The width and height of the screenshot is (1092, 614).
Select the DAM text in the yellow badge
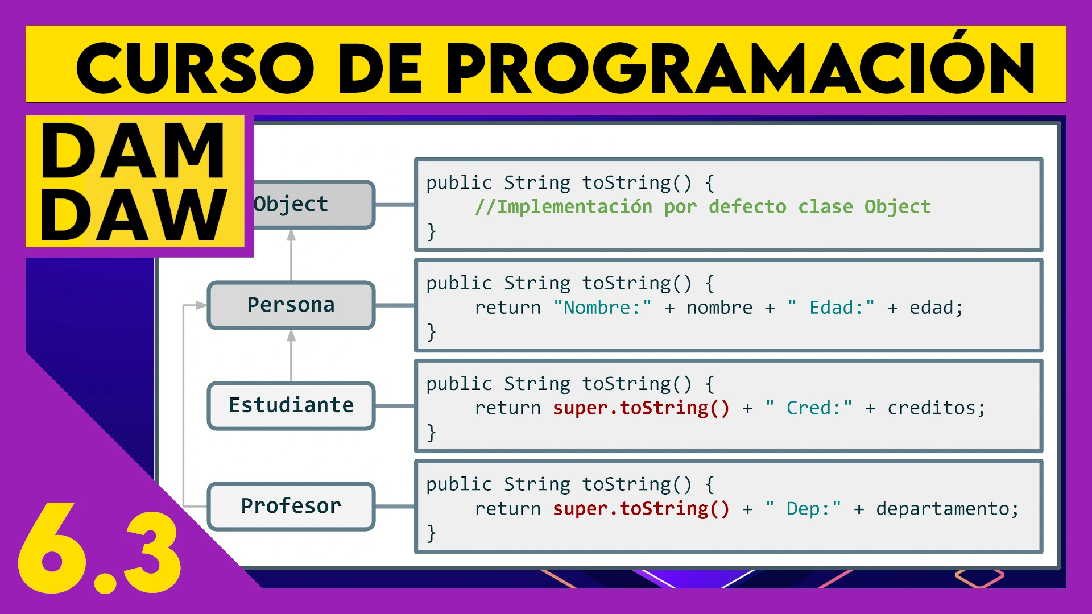134,151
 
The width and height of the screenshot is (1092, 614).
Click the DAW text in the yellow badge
134,215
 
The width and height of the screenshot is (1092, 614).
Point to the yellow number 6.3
100,549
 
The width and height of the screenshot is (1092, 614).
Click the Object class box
313,205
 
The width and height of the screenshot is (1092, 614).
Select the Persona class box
291,305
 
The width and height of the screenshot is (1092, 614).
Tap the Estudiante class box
291,406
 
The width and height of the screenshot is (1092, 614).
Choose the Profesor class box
291,506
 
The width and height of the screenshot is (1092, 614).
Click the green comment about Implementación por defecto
702,207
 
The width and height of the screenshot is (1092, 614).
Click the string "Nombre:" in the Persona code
602,308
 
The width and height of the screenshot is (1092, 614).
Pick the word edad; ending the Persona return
936,308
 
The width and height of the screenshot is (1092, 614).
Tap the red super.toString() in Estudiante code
641,408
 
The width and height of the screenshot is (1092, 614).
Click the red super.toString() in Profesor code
641,509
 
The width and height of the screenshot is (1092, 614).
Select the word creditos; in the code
936,408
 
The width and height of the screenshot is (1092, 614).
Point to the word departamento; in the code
947,509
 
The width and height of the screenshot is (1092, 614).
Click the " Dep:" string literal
803,509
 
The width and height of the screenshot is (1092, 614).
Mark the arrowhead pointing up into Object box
291,235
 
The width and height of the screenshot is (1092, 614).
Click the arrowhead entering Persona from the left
201,305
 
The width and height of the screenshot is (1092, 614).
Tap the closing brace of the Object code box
432,231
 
